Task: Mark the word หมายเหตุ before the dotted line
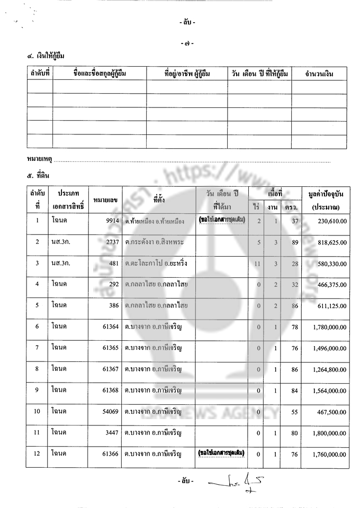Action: [x=39, y=158]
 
